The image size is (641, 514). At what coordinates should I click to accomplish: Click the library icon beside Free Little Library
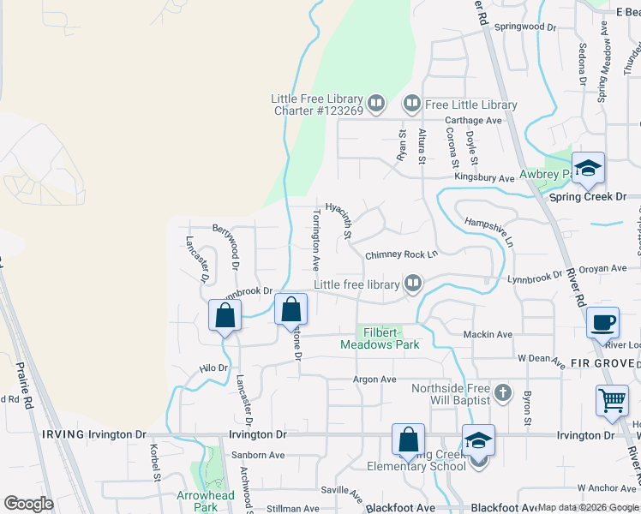411,105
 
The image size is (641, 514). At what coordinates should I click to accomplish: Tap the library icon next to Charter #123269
377,105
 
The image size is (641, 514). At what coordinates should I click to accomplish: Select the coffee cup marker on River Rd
603,322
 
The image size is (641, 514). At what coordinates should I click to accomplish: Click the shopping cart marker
612,400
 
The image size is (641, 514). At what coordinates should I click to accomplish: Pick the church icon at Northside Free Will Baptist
503,394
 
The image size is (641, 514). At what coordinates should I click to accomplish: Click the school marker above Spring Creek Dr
588,168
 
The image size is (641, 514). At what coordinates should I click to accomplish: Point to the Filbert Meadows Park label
380,338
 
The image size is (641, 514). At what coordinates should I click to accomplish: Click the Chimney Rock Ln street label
401,254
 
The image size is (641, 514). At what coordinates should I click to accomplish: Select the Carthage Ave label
470,121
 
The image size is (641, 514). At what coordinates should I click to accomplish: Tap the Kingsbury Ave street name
483,178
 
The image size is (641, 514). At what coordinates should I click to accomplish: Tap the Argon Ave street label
374,380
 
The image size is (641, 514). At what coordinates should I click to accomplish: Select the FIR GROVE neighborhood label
608,362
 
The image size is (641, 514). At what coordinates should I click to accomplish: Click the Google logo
28,504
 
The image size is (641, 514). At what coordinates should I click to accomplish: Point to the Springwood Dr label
525,27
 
